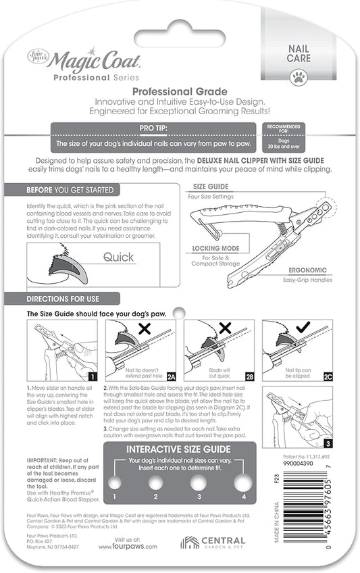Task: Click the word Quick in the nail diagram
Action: (x=118, y=257)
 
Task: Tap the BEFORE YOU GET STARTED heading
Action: (x=70, y=190)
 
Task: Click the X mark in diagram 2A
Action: (x=144, y=330)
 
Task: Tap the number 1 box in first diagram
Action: (x=92, y=377)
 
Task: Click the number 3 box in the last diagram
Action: (x=328, y=443)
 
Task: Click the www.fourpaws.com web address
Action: (x=137, y=547)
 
